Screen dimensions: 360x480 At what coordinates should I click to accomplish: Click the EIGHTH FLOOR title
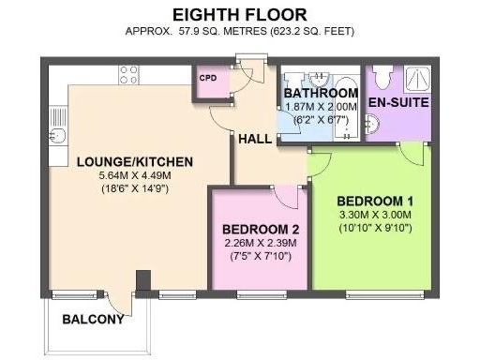click(240, 14)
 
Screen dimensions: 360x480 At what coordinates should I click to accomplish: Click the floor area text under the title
click(240, 31)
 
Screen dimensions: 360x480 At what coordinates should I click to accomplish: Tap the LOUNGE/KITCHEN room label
click(122, 162)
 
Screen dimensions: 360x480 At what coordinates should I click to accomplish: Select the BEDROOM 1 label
click(375, 201)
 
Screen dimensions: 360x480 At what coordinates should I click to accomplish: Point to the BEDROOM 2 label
click(261, 230)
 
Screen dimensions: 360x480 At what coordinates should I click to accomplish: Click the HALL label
click(254, 138)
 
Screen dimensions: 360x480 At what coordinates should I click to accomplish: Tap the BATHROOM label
click(321, 94)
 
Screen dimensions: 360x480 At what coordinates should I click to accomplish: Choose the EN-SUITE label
click(397, 100)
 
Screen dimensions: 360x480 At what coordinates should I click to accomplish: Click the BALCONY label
click(93, 319)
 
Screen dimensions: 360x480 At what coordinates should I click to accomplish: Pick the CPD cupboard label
click(208, 79)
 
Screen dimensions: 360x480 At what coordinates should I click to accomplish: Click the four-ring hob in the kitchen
click(128, 75)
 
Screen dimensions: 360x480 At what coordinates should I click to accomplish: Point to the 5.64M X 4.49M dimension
click(123, 175)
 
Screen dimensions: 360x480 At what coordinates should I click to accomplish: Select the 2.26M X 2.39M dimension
click(260, 244)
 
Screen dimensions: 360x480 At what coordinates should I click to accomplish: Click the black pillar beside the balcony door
click(142, 281)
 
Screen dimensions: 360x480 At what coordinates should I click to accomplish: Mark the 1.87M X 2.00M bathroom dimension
click(321, 107)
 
